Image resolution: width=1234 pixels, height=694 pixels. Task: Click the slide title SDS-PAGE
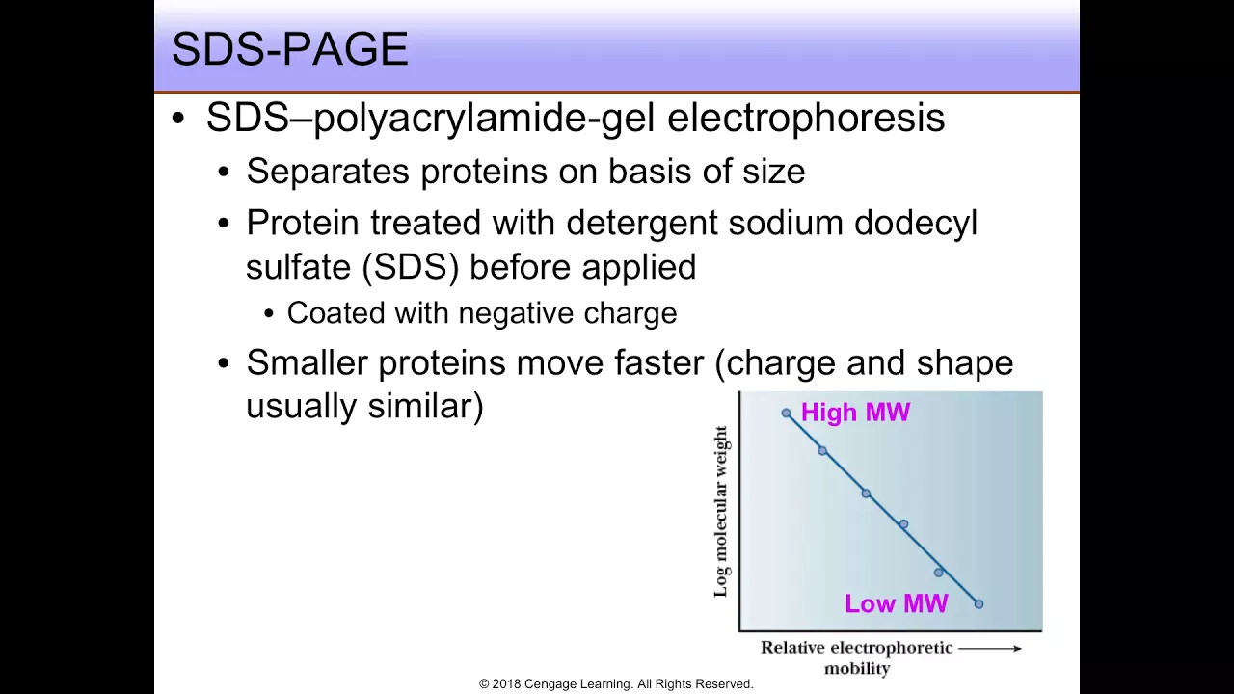290,48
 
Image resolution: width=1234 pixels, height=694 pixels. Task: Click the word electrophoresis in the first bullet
806,118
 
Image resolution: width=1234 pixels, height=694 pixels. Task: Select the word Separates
328,172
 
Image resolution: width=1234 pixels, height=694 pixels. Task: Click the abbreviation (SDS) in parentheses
411,268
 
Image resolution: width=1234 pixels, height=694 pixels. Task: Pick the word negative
516,313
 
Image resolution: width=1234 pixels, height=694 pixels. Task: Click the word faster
658,363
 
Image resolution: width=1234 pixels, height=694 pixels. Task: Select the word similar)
425,407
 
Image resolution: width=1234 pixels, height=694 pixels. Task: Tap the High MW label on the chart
855,412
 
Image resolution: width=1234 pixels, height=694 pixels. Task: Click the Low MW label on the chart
897,603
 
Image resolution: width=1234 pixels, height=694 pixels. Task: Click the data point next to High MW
786,414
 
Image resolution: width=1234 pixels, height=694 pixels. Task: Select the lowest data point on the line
979,604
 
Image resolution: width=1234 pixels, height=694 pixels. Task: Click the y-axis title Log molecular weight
720,512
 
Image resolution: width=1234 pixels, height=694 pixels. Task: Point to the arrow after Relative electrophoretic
990,649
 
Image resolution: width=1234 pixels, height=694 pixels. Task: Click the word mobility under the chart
857,669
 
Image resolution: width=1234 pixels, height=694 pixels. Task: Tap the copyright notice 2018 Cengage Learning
616,684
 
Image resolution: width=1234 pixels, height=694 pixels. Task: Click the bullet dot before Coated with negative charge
269,314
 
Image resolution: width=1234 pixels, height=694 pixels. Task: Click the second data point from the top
822,451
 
